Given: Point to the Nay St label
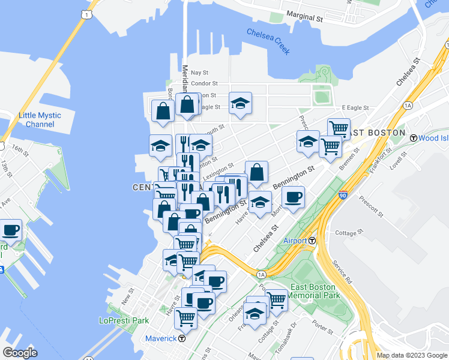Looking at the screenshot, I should point(200,72).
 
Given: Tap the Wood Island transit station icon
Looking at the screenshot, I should point(413,138).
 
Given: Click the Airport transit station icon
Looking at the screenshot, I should point(313,241).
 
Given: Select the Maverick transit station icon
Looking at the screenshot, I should point(182,338).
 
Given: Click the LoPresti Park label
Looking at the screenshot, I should point(124,320).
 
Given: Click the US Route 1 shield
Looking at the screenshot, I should point(88,13).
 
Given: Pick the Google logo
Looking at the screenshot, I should point(20,353).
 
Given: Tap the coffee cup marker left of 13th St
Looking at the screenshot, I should point(11,229).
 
